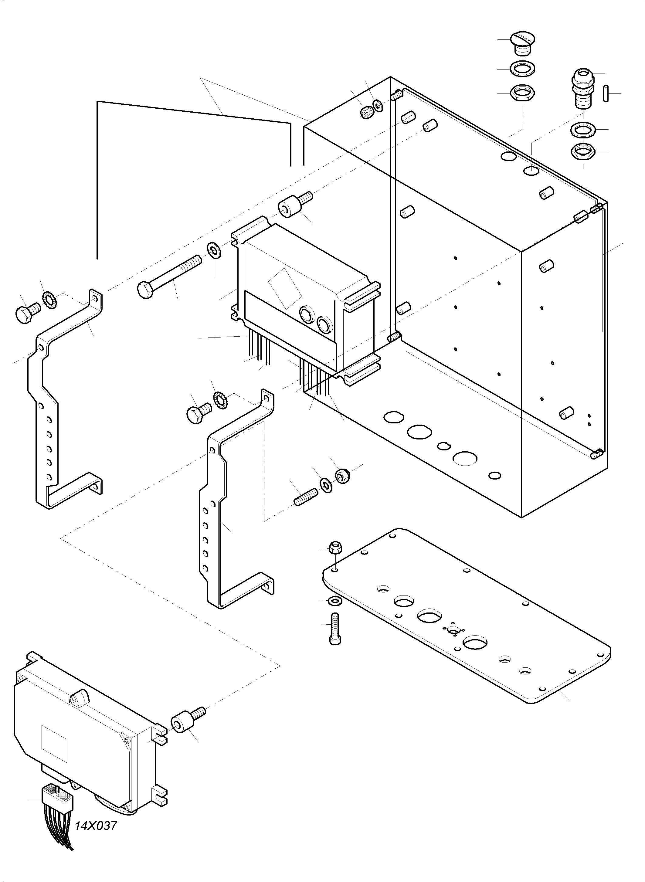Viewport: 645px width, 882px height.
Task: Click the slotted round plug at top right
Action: (x=522, y=43)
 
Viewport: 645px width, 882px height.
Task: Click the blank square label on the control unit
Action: (x=54, y=744)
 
